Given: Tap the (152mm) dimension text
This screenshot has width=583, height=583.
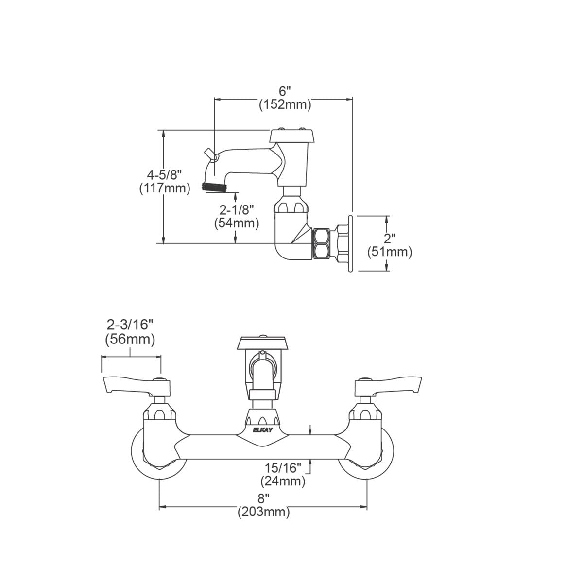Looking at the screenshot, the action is (x=285, y=104).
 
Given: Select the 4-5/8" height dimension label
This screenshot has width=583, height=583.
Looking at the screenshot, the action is (x=164, y=174).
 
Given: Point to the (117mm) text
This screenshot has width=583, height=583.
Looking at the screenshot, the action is (x=165, y=188).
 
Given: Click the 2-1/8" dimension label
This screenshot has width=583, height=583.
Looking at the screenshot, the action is (x=236, y=210).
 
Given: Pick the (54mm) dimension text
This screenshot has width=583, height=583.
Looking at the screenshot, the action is (x=237, y=223).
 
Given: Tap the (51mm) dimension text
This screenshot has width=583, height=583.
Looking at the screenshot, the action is (x=390, y=252).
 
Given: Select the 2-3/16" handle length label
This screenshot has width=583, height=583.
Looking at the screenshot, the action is (x=130, y=325).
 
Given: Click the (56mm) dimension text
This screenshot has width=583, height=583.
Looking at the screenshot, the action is (x=130, y=339).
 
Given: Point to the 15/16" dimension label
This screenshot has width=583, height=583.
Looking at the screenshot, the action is (x=283, y=468).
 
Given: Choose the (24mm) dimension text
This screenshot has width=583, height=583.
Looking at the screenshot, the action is (x=283, y=481).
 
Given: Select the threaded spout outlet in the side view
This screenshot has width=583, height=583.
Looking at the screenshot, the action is (x=214, y=187).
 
